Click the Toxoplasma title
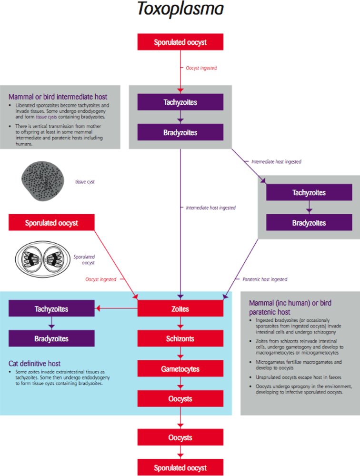click(x=180, y=10)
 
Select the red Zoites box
click(x=180, y=309)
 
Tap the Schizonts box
click(x=180, y=339)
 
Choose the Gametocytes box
click(x=180, y=369)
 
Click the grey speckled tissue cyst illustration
click(x=42, y=181)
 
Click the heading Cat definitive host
click(x=35, y=363)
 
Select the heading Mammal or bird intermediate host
click(x=58, y=97)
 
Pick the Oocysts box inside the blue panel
click(x=180, y=399)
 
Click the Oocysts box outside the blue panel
click(x=180, y=437)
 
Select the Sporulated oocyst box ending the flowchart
click(x=180, y=467)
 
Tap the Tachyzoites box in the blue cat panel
click(x=51, y=309)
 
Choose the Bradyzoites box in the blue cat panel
click(x=51, y=339)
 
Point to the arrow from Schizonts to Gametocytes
click(x=180, y=354)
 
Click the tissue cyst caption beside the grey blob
click(x=85, y=182)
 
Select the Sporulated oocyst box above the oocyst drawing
click(x=51, y=223)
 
